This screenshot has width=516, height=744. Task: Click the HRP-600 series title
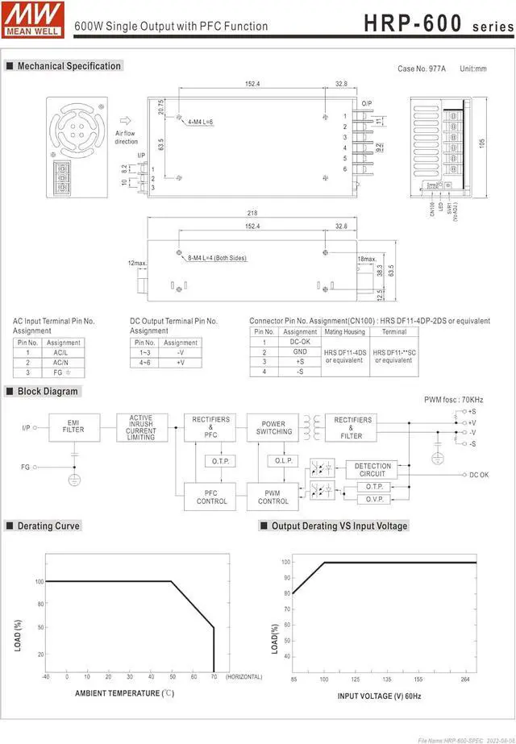pyautogui.click(x=435, y=23)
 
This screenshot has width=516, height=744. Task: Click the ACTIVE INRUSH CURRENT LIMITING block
pyautogui.click(x=141, y=427)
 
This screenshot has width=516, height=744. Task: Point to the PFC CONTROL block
pyautogui.click(x=211, y=497)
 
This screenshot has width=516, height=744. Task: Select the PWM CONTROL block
pyautogui.click(x=273, y=497)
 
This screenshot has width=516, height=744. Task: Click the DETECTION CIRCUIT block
pyautogui.click(x=372, y=469)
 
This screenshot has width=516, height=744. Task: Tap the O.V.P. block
pyautogui.click(x=373, y=499)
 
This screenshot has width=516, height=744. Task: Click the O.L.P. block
pyautogui.click(x=284, y=461)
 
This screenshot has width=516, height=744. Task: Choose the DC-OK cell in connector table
pyautogui.click(x=300, y=342)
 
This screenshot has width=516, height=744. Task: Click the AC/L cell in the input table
pyautogui.click(x=60, y=352)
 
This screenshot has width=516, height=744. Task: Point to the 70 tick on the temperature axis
pyautogui.click(x=214, y=677)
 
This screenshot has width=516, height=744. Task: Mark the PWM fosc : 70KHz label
pyautogui.click(x=454, y=400)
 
